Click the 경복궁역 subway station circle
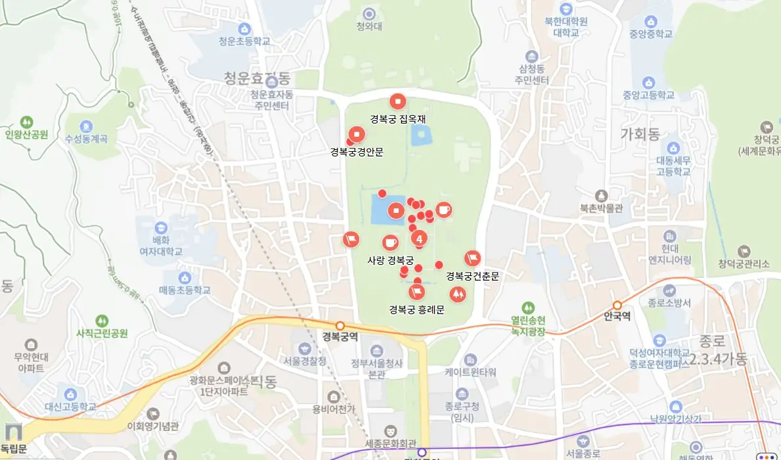(x=340, y=326)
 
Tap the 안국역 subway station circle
(x=617, y=305)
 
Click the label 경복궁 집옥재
(x=398, y=119)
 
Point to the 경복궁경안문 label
(x=357, y=152)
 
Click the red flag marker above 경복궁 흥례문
(x=416, y=292)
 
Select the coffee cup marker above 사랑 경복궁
(x=390, y=242)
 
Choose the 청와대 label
(x=369, y=27)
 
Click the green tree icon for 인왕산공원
(x=27, y=122)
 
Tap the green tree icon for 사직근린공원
(x=101, y=321)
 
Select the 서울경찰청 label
(x=304, y=360)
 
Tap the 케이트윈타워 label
(x=470, y=372)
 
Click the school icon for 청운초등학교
(x=245, y=29)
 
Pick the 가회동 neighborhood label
(x=640, y=135)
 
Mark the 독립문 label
(x=14, y=449)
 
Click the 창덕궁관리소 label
(x=744, y=264)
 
